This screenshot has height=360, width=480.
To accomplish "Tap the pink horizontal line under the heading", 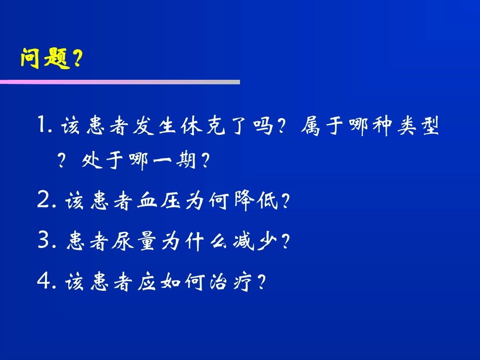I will tap(120, 82).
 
